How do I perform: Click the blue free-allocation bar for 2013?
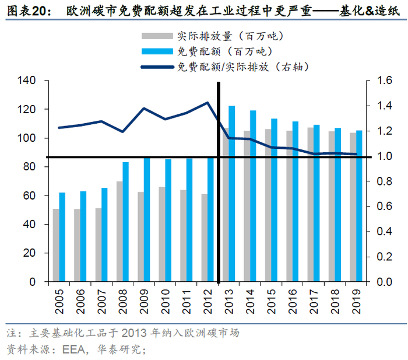pyautogui.click(x=232, y=193)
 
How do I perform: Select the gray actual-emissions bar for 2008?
pyautogui.click(x=119, y=231)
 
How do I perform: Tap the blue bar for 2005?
pyautogui.click(x=62, y=236)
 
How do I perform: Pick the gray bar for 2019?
pyautogui.click(x=353, y=207)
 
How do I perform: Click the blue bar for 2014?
pyautogui.click(x=253, y=195)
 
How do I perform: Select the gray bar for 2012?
pyautogui.click(x=204, y=237)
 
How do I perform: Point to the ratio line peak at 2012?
pyautogui.click(x=207, y=102)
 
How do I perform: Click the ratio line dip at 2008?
pyautogui.click(x=122, y=131)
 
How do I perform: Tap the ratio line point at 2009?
pyautogui.click(x=144, y=109)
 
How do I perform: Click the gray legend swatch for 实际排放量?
pyautogui.click(x=157, y=36)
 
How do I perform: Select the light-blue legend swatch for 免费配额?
pyautogui.click(x=157, y=51)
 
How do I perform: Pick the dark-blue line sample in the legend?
pyautogui.click(x=157, y=67)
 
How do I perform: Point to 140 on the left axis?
pyautogui.click(x=26, y=81)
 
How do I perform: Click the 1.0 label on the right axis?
pyautogui.click(x=384, y=156)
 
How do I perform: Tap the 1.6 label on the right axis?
pyautogui.click(x=384, y=81)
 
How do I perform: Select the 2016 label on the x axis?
pyautogui.click(x=293, y=302)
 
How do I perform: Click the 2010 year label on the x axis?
pyautogui.click(x=165, y=302)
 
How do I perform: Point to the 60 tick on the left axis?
pyautogui.click(x=29, y=195)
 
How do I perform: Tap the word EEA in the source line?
pyautogui.click(x=74, y=349)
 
